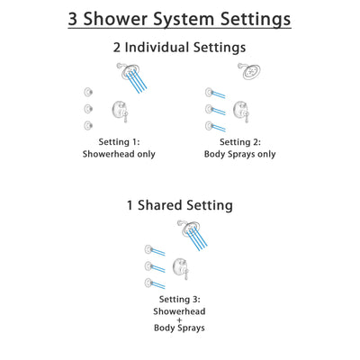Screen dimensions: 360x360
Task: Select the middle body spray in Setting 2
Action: point(209,108)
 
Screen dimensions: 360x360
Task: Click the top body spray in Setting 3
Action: point(148,247)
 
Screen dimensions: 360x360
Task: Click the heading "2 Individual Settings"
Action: point(180,47)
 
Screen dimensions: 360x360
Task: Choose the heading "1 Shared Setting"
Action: point(180,204)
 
